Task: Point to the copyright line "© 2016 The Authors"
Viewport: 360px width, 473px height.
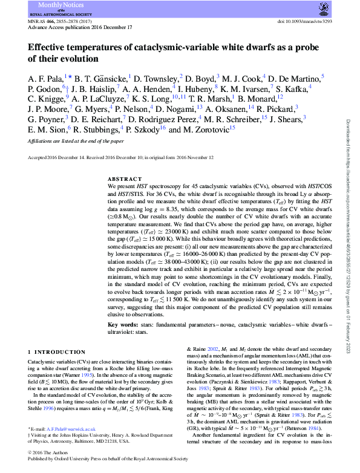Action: [47, 452]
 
